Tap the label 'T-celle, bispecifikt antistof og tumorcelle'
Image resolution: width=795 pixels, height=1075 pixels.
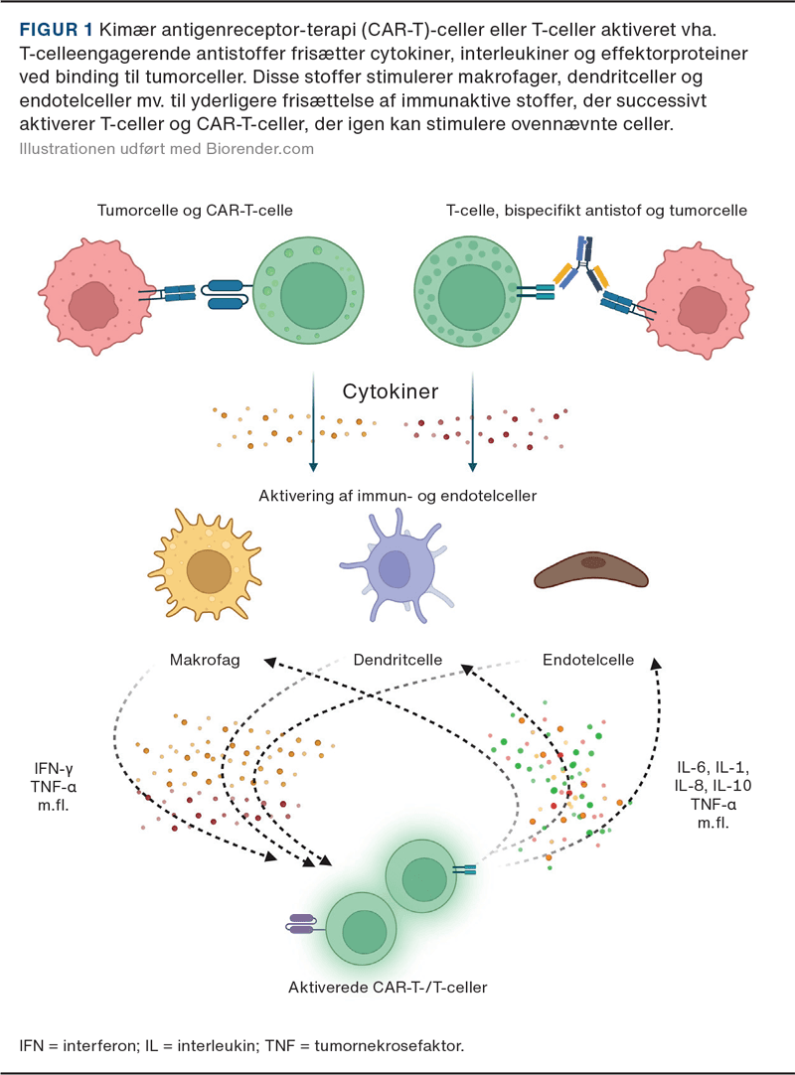pyautogui.click(x=596, y=211)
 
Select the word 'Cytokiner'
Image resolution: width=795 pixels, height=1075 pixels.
pyautogui.click(x=392, y=391)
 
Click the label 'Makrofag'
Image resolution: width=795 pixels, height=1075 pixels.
pyautogui.click(x=205, y=660)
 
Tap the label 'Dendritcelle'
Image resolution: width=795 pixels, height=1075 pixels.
pyautogui.click(x=397, y=660)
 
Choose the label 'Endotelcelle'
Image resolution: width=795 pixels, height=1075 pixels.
pyautogui.click(x=588, y=660)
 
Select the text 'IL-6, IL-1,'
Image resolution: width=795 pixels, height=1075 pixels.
pyautogui.click(x=709, y=766)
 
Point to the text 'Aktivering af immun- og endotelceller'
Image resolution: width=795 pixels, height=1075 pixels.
pyautogui.click(x=397, y=494)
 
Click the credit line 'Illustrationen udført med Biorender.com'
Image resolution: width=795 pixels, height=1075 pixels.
pyautogui.click(x=166, y=149)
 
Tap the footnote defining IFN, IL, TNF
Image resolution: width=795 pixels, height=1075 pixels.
pyautogui.click(x=241, y=1045)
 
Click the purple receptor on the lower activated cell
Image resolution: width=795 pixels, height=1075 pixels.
pyautogui.click(x=301, y=925)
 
